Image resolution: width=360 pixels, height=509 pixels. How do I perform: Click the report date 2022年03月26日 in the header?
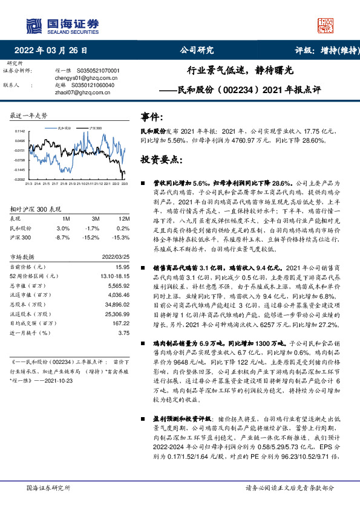54,50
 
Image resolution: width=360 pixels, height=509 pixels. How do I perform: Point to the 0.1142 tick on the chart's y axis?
19,131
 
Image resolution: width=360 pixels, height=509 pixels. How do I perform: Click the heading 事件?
152,116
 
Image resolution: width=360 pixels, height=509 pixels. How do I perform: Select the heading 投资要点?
162,160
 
